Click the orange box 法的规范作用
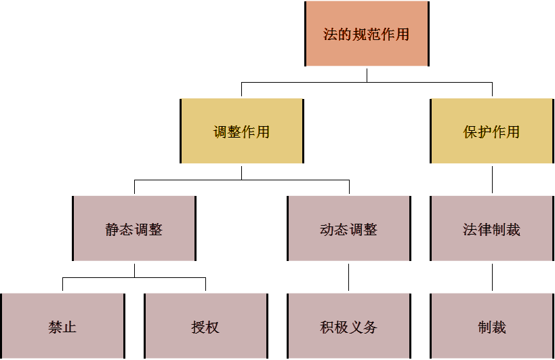(x=367, y=34)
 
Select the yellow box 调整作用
(x=242, y=132)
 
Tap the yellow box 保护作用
(x=492, y=132)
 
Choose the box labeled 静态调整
(x=134, y=229)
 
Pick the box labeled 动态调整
(x=349, y=229)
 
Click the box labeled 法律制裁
(x=492, y=229)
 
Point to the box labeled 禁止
(x=62, y=327)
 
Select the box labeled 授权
(x=205, y=327)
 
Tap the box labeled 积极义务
(x=349, y=327)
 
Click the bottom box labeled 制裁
(x=492, y=327)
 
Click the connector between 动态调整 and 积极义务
(x=349, y=277)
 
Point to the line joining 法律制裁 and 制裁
(x=492, y=277)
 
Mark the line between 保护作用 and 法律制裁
(x=492, y=180)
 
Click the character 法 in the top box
(x=331, y=35)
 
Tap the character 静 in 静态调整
(x=112, y=230)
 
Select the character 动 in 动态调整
(x=327, y=230)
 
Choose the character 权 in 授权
(x=213, y=327)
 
